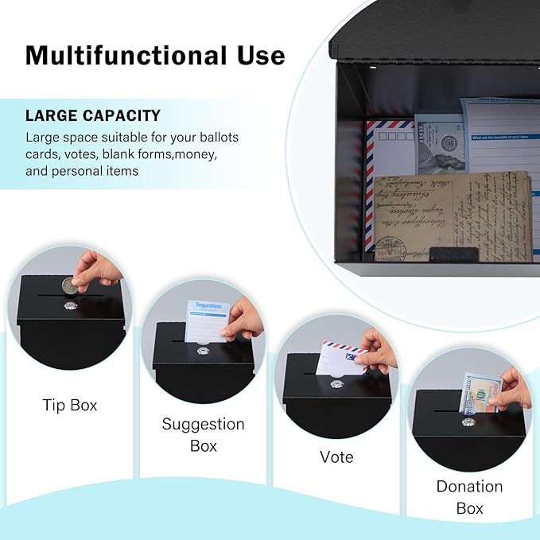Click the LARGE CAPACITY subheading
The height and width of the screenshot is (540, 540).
pyautogui.click(x=93, y=115)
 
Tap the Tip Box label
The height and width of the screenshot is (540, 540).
pyautogui.click(x=70, y=405)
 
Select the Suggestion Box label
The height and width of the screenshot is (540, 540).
pyautogui.click(x=203, y=434)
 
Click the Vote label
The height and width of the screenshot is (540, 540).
pyautogui.click(x=336, y=456)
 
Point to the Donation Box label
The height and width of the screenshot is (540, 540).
pyautogui.click(x=469, y=496)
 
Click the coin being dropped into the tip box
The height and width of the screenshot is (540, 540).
pyautogui.click(x=71, y=284)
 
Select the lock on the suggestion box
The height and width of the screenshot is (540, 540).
pyautogui.click(x=204, y=350)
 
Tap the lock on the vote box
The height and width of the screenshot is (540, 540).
pyautogui.click(x=336, y=384)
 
